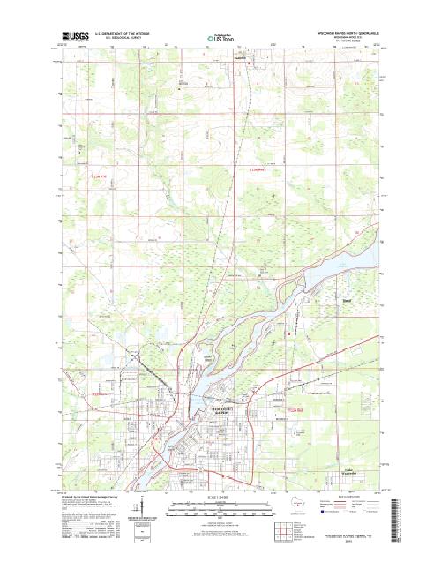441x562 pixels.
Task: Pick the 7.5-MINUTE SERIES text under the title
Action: coord(339,41)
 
